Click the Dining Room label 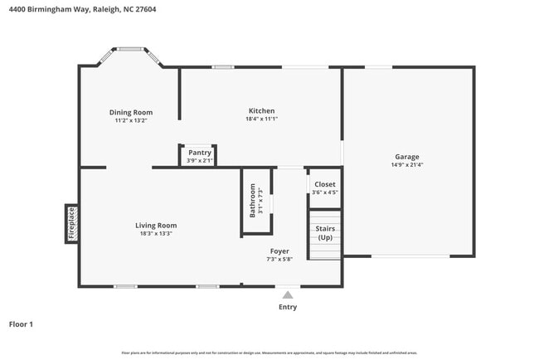pos(131,112)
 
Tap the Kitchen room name pos(261,110)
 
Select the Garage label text pos(406,156)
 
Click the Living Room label pos(156,225)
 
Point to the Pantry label pos(199,152)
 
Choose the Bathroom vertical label pos(253,202)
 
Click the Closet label pos(324,184)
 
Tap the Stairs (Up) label pos(325,232)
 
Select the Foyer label pos(279,250)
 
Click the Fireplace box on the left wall pos(71,224)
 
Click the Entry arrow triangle pos(288,294)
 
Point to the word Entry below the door pos(287,307)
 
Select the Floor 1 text pos(21,324)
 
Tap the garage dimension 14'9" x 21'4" pos(406,164)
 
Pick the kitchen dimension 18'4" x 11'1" pos(261,119)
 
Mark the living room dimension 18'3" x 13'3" pos(156,233)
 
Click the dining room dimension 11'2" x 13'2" pos(131,120)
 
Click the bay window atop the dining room pos(131,49)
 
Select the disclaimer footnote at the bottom pos(269,353)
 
